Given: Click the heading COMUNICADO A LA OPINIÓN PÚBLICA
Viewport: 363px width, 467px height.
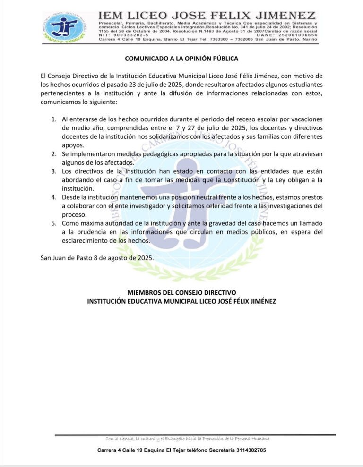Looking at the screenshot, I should pyautogui.click(x=181, y=59).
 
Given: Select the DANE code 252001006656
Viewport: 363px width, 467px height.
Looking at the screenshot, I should pyautogui.click(x=298, y=35).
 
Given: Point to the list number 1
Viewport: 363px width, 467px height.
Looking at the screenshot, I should pyautogui.click(x=54, y=121).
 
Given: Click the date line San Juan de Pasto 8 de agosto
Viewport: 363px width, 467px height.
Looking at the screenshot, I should pyautogui.click(x=97, y=258).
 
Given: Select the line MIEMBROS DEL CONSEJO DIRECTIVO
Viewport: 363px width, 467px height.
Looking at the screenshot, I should pyautogui.click(x=181, y=293).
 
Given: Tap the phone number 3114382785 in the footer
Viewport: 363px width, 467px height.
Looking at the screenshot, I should pyautogui.click(x=250, y=450).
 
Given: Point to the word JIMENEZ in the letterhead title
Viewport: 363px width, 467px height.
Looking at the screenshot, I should pyautogui.click(x=288, y=16).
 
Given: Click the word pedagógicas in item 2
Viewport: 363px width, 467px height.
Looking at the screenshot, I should pyautogui.click(x=155, y=154).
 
